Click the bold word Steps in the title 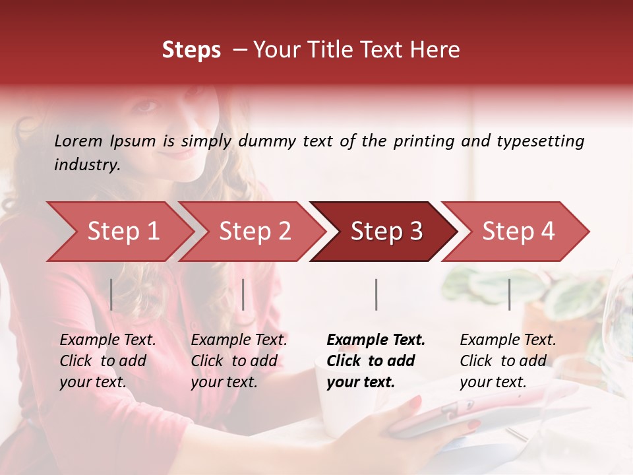[191, 50]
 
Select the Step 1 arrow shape [119, 232]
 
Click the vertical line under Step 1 [111, 294]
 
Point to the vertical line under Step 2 [243, 294]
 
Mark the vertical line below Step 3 [376, 294]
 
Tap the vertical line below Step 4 [509, 294]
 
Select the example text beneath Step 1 [107, 361]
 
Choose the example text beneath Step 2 [239, 361]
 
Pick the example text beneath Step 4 [508, 361]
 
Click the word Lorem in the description [78, 141]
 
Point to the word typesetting [540, 141]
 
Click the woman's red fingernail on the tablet [415, 401]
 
